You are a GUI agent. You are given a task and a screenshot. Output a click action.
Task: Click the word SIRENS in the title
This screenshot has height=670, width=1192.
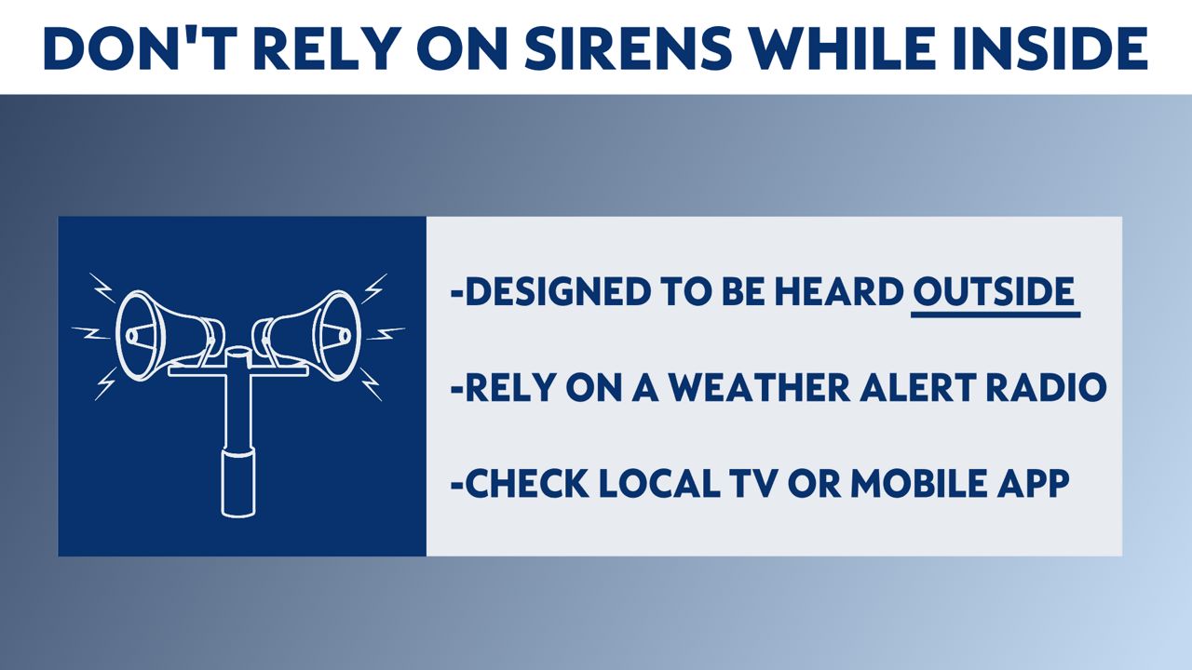628,48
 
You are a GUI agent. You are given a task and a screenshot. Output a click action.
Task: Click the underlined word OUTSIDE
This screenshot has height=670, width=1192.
994,291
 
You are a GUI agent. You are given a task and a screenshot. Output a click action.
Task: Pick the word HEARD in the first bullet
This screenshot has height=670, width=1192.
839,291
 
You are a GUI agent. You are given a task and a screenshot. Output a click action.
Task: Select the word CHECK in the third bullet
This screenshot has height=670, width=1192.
527,483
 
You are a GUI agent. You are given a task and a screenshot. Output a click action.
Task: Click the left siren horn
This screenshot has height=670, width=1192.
169,336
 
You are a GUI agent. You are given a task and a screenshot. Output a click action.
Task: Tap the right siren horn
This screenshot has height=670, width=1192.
307,336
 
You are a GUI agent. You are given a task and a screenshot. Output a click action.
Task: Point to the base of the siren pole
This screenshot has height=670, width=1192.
237,482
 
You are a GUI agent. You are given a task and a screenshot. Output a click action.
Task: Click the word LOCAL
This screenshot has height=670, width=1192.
659,483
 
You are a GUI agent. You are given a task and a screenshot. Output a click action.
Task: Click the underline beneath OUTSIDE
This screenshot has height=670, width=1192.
996,315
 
